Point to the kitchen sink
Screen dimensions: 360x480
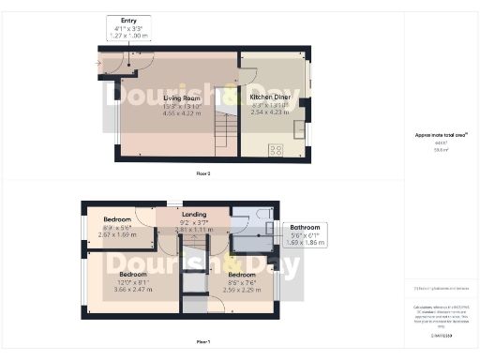click(298, 127)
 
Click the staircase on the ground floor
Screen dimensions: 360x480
click(226, 122)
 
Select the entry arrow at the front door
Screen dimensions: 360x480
click(98, 65)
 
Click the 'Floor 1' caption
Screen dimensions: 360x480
click(202, 341)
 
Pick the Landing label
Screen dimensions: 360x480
click(194, 215)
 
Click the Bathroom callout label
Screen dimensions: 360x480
click(305, 228)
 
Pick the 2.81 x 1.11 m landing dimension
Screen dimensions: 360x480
click(194, 229)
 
